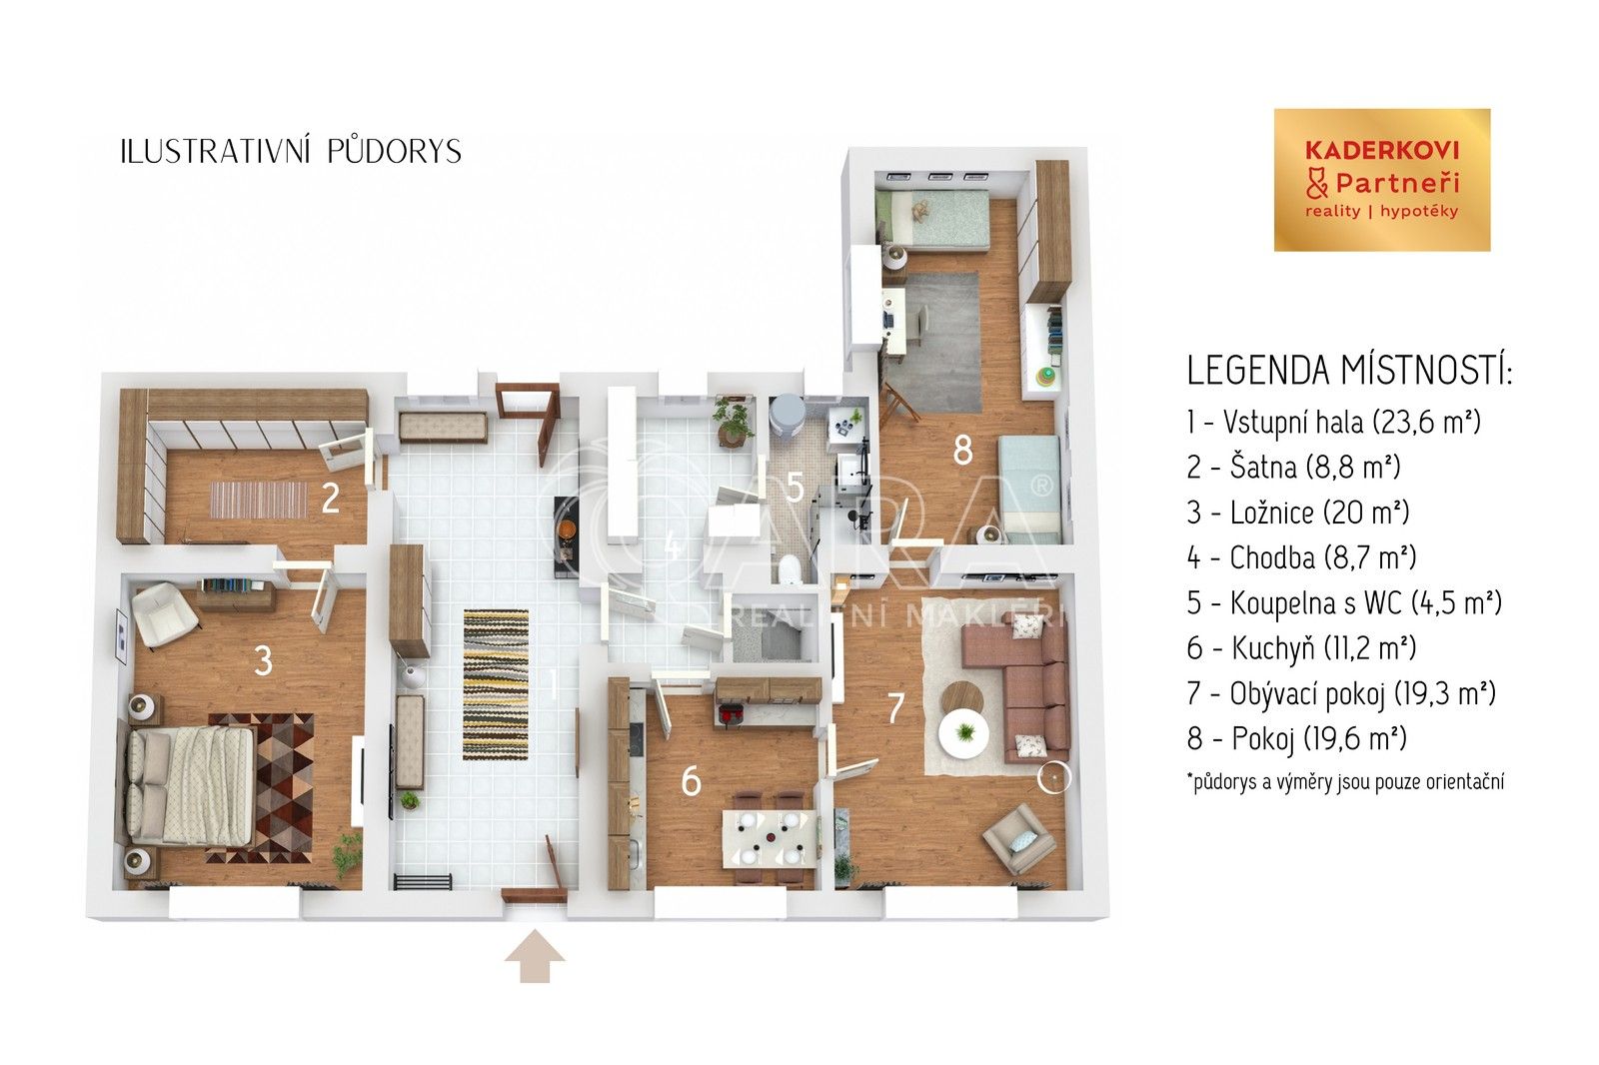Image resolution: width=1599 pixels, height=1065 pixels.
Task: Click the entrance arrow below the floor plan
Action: [535, 956]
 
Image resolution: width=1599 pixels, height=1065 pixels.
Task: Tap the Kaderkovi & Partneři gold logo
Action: [1381, 180]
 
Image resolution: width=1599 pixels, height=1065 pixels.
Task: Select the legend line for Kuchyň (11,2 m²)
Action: [1301, 648]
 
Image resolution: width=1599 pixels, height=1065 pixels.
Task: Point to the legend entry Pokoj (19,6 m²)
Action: [1296, 739]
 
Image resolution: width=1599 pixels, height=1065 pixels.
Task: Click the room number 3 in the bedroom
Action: [263, 660]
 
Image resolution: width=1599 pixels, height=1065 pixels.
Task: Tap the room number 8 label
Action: [962, 451]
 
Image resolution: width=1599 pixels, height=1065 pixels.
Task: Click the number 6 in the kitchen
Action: [691, 780]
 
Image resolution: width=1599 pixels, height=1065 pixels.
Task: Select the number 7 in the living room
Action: [895, 707]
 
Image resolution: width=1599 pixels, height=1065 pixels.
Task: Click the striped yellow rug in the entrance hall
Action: [496, 684]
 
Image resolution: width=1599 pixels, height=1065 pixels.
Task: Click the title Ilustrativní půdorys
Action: [290, 151]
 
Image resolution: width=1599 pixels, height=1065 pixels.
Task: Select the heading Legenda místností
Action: [1349, 372]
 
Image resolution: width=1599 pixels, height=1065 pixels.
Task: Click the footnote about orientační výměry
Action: [1344, 781]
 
